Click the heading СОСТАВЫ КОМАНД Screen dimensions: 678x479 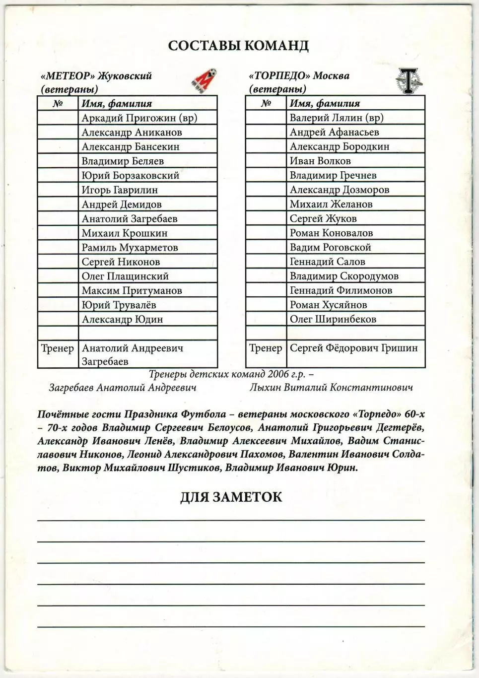click(238, 45)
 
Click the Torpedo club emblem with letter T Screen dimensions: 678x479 click(407, 81)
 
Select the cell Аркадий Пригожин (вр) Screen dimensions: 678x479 click(139, 118)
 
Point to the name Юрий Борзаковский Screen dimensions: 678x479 click(131, 176)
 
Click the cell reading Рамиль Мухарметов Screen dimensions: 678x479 click(130, 248)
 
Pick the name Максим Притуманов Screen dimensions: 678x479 click(132, 291)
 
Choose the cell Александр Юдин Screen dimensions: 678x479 click(122, 320)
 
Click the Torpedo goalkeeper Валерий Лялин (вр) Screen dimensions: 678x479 click(337, 118)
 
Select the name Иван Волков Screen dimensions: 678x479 click(320, 161)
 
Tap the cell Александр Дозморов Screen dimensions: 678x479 click(340, 190)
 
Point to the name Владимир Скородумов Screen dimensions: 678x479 click(344, 276)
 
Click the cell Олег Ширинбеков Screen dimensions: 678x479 click(333, 320)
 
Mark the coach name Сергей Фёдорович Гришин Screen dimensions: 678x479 click(354, 348)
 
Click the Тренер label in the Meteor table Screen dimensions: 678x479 click(58, 348)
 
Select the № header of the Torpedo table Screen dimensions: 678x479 click(266, 103)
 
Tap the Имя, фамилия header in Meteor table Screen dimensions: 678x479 click(117, 104)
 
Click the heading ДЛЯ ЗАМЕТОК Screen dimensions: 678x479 click(231, 497)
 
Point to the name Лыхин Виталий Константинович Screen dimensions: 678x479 click(331, 388)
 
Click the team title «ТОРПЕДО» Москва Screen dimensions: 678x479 click(299, 76)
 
